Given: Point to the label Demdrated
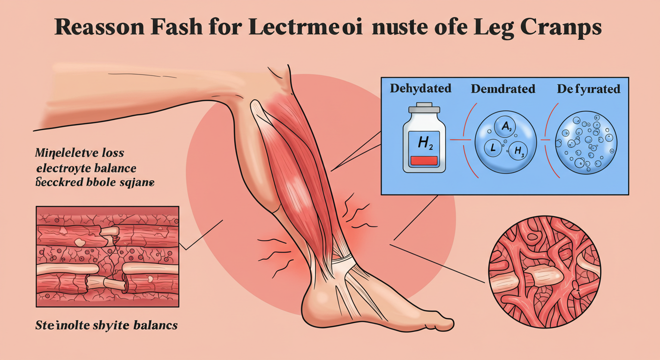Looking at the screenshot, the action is [x=502, y=88].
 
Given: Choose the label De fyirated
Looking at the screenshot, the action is [x=588, y=88].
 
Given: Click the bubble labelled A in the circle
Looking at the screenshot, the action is [x=503, y=127].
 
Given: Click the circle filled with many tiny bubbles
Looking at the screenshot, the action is [x=586, y=141].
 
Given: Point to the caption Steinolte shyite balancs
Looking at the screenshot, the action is [x=106, y=325].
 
